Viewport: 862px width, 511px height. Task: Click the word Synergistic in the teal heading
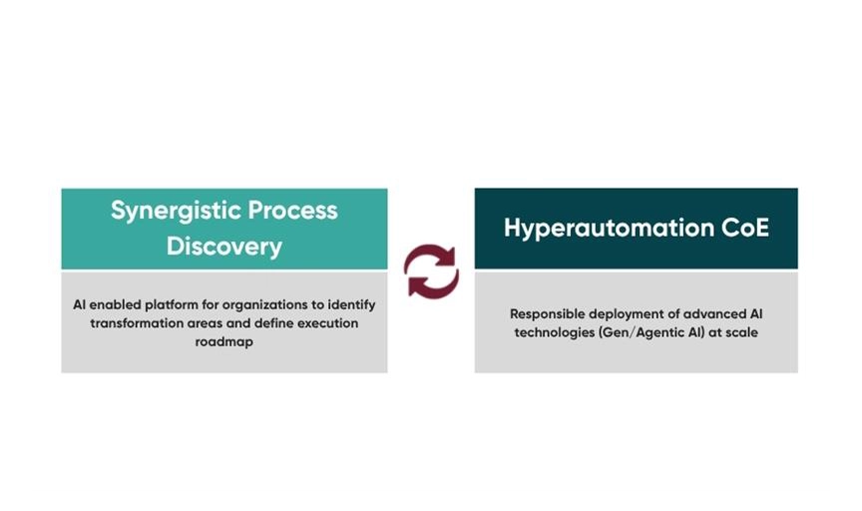tap(176, 212)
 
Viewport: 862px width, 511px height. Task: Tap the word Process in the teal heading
tap(292, 211)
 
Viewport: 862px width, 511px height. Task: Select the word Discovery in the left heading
tap(224, 247)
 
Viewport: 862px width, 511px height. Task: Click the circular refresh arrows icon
tap(432, 271)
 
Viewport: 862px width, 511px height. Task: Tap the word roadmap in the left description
tap(224, 341)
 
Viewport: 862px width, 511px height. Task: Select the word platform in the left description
tap(171, 304)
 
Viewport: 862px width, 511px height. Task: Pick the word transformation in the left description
tap(137, 323)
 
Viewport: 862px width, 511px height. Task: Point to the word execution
tap(327, 323)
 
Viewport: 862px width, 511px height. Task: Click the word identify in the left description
tap(352, 305)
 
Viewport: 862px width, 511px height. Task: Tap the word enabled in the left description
tap(115, 304)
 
